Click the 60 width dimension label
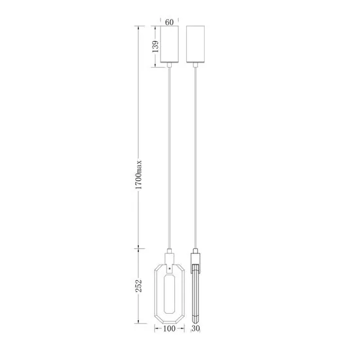[169, 22]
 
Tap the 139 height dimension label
[155, 46]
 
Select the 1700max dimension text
[139, 174]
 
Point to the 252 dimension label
[138, 286]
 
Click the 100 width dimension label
[169, 328]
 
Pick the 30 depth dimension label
[196, 328]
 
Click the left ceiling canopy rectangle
[169, 44]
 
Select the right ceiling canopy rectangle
[195, 44]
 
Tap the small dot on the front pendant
[170, 268]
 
